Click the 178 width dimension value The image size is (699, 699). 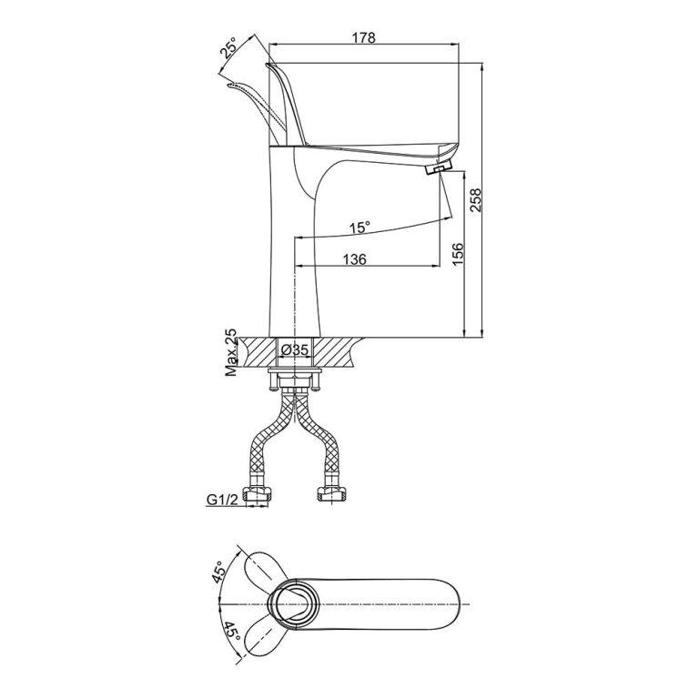pos(363,37)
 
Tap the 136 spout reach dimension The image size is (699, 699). pos(354,259)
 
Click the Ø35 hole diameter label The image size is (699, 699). pos(296,349)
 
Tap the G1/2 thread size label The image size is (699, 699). pos(221,499)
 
